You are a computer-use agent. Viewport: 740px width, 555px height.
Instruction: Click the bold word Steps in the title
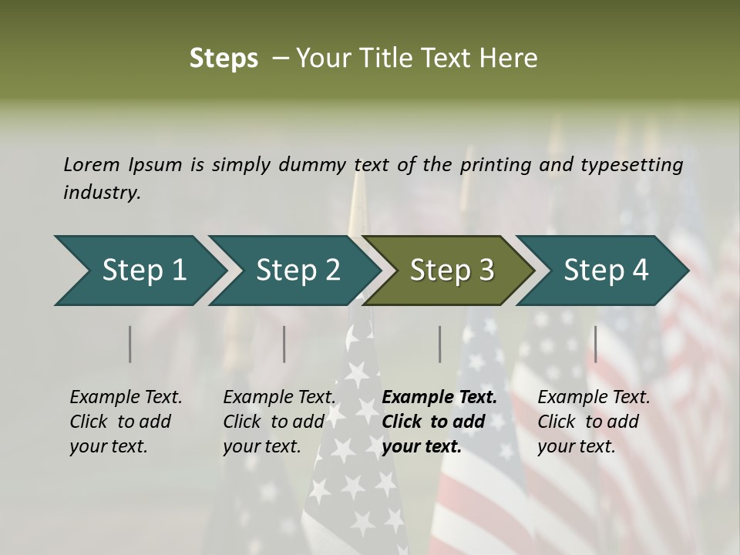click(224, 59)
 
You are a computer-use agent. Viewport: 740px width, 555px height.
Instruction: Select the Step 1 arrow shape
click(139, 271)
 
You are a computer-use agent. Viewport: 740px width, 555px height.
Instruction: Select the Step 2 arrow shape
click(293, 271)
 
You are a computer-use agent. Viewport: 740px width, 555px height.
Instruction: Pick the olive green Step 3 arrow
click(447, 271)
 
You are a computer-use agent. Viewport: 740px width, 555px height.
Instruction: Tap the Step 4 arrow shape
click(601, 271)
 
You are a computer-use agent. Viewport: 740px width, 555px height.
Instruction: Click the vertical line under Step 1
click(130, 344)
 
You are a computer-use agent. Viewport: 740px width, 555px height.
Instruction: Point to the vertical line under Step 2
click(284, 344)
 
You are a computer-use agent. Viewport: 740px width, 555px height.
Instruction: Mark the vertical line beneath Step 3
click(440, 344)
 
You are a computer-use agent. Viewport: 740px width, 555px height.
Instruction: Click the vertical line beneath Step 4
click(595, 344)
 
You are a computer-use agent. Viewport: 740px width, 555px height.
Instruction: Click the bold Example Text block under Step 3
click(439, 422)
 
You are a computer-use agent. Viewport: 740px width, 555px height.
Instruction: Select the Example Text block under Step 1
click(126, 422)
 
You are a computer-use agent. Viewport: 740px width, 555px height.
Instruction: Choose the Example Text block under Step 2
click(279, 422)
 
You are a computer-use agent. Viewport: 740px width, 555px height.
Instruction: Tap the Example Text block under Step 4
click(594, 422)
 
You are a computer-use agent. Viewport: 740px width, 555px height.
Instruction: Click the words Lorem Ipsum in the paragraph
click(123, 164)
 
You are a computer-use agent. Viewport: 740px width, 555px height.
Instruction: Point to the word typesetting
click(631, 165)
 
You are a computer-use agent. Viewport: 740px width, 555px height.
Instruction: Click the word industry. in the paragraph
click(102, 193)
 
